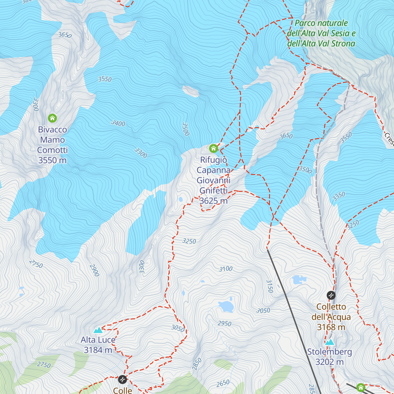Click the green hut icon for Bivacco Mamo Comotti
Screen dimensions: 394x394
(x=52, y=118)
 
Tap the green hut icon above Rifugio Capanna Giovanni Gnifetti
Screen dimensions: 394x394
(x=213, y=148)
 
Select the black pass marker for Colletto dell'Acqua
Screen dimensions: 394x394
(x=331, y=295)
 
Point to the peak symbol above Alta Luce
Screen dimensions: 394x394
(x=98, y=330)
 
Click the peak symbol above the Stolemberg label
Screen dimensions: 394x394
(x=329, y=342)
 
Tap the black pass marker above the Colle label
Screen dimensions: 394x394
(x=122, y=380)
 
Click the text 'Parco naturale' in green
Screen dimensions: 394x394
(x=321, y=23)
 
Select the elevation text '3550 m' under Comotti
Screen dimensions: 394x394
(x=52, y=160)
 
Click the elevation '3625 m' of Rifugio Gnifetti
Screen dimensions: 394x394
(x=213, y=201)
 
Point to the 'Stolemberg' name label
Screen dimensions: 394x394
(x=329, y=352)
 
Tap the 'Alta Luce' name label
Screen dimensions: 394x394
(x=98, y=340)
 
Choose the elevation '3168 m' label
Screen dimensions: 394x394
(x=331, y=327)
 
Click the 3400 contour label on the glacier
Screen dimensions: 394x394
(x=118, y=123)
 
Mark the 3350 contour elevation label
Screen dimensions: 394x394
(x=339, y=196)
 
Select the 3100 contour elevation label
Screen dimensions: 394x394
(x=226, y=269)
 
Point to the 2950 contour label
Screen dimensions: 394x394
(x=224, y=323)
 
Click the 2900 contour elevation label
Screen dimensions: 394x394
(x=94, y=270)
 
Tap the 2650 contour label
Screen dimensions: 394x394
(x=223, y=383)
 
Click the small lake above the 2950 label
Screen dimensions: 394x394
(x=226, y=306)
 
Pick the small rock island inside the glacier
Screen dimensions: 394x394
(x=191, y=91)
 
